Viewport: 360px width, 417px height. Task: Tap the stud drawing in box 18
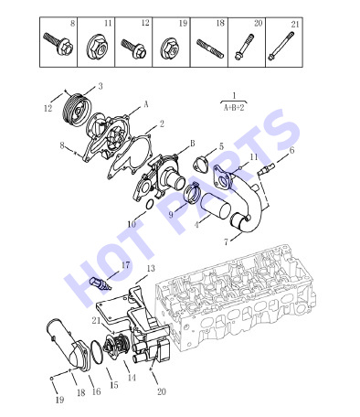click(x=210, y=48)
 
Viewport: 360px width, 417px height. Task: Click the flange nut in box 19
click(x=171, y=48)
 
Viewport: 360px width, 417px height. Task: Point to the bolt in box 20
click(x=244, y=47)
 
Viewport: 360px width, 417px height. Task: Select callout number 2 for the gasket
click(x=162, y=123)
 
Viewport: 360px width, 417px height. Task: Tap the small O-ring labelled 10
click(x=150, y=205)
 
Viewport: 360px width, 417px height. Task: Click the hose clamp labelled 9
click(x=193, y=194)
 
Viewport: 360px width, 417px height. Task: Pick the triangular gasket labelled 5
click(x=200, y=163)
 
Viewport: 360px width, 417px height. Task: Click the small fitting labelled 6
click(x=266, y=169)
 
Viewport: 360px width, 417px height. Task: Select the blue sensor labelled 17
click(x=101, y=284)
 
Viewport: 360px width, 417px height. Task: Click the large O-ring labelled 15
click(x=96, y=353)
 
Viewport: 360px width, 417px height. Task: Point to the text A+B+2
click(x=234, y=108)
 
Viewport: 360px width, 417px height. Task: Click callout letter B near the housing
click(x=193, y=144)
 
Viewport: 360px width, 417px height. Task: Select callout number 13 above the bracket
click(x=151, y=269)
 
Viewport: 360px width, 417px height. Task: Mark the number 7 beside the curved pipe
click(x=226, y=242)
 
